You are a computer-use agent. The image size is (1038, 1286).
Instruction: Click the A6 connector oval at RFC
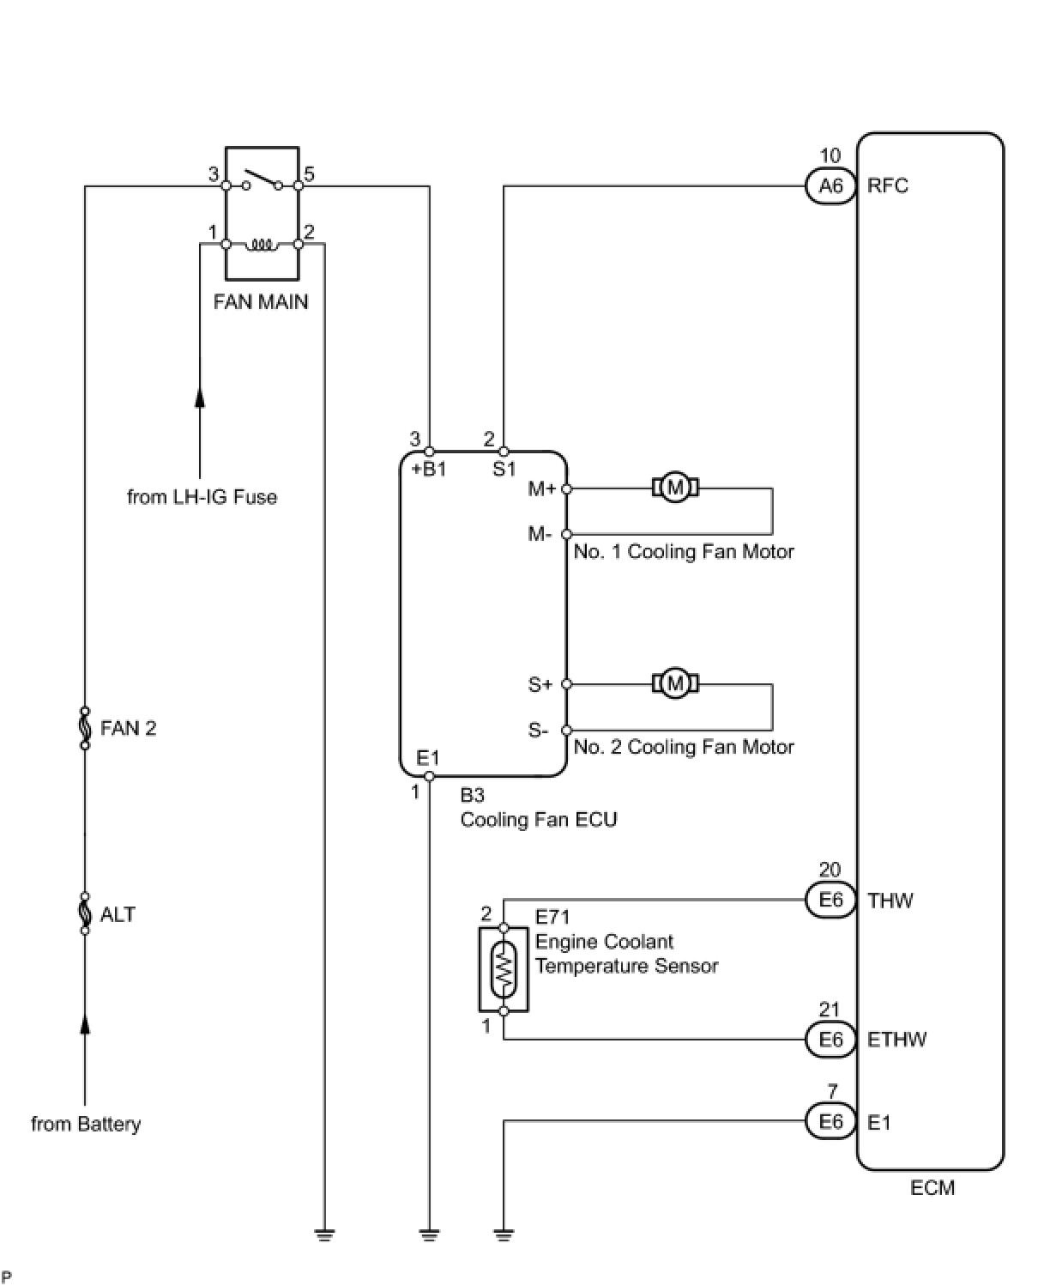pos(830,186)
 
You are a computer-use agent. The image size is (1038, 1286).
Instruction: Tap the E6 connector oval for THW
pos(830,901)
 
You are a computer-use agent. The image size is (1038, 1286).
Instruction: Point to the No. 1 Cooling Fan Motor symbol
pos(675,488)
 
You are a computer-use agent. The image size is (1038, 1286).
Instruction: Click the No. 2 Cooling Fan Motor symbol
pos(675,683)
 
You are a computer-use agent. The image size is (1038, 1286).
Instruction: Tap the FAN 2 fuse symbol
pos(85,728)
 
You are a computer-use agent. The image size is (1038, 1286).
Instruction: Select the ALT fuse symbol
pos(85,914)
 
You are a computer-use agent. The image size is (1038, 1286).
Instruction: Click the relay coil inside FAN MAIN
pos(261,246)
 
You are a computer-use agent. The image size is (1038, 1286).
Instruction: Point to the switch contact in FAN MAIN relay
pos(263,181)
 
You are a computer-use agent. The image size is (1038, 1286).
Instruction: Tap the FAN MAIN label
pos(261,302)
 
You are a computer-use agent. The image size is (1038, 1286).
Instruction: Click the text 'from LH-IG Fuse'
pos(202,497)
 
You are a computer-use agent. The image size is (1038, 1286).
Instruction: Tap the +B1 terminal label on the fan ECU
pos(428,469)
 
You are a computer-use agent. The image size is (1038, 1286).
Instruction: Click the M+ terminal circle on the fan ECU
pos(566,488)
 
